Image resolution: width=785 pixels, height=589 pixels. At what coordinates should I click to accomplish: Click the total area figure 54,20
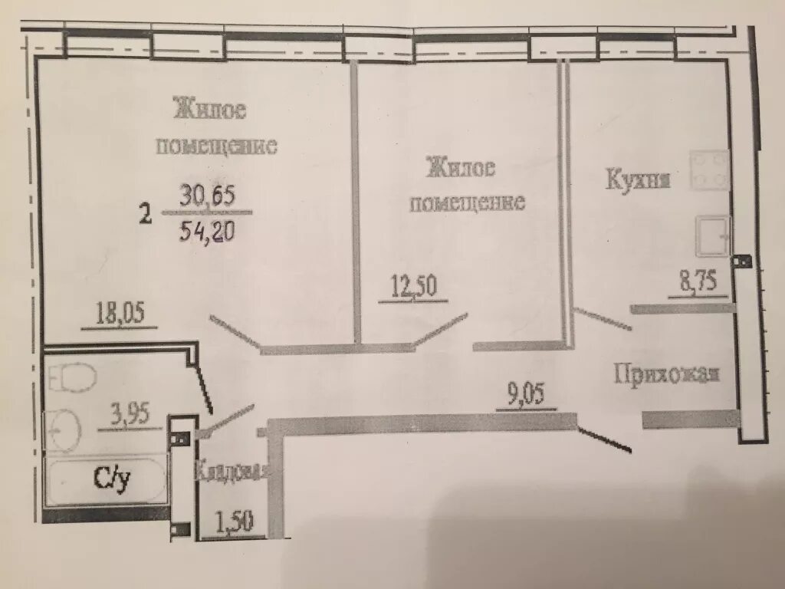206,231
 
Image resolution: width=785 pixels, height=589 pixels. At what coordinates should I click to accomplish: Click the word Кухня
639,180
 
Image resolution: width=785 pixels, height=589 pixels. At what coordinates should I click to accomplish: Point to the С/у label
112,479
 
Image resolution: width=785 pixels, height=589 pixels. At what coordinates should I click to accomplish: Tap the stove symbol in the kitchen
710,170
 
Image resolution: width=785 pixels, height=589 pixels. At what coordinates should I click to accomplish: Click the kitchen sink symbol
713,236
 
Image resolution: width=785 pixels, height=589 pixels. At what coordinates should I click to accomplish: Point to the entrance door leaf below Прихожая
605,439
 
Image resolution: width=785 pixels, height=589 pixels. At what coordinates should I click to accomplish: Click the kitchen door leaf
603,319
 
